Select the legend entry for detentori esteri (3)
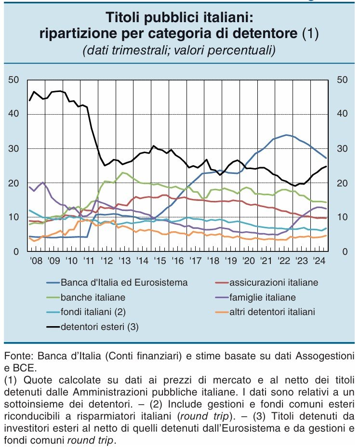tap(99, 327)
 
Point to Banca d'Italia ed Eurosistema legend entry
tap(123, 282)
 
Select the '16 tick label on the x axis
tap(178, 262)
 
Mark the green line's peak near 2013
tap(123, 172)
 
